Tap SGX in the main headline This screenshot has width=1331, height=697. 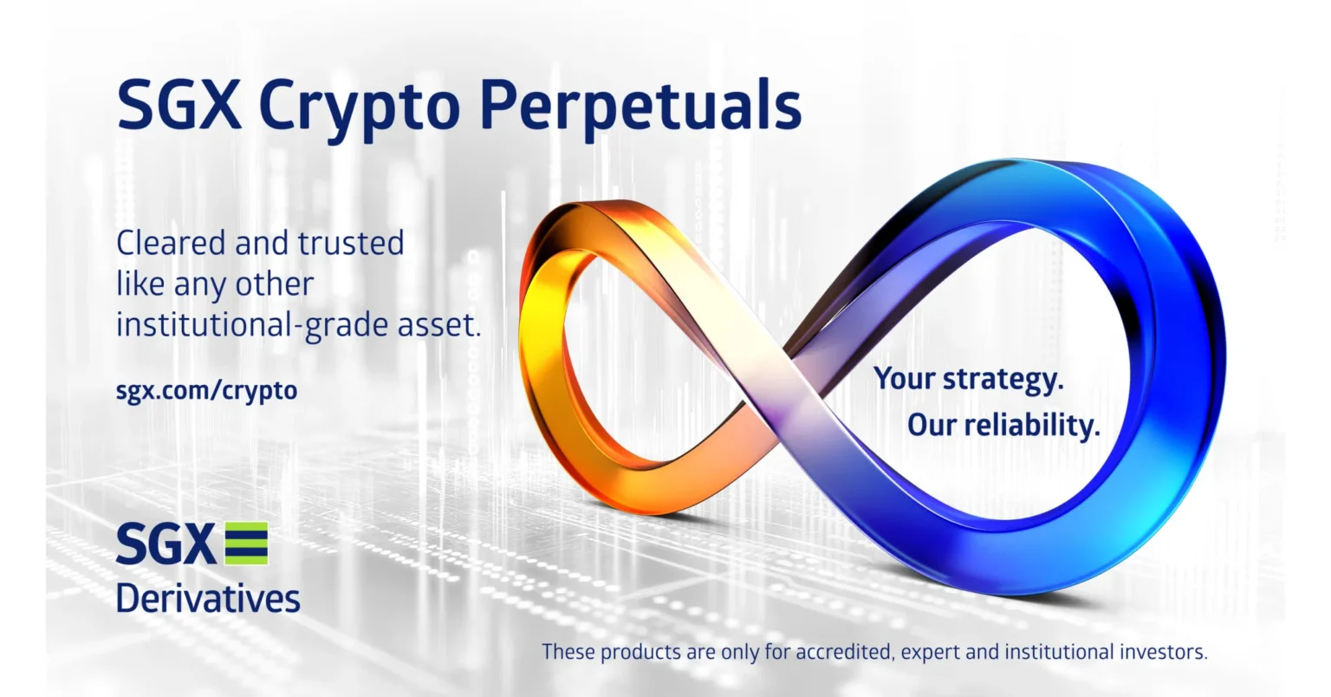178,104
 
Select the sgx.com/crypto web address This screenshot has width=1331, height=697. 206,390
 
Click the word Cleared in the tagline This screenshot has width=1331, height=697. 171,243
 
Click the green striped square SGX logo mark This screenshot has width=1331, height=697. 246,544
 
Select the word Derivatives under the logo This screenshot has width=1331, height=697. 208,598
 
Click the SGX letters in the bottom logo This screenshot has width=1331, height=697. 165,544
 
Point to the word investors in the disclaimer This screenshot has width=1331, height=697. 1165,652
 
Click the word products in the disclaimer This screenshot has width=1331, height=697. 642,652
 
